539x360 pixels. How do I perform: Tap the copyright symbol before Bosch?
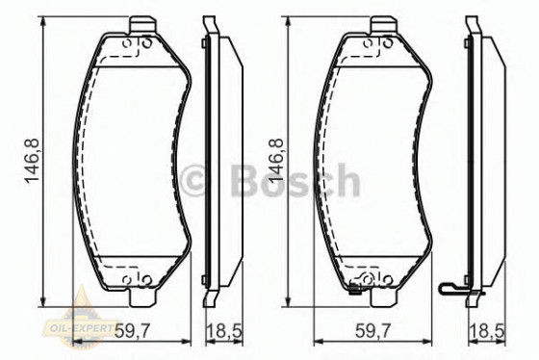[196, 181]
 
